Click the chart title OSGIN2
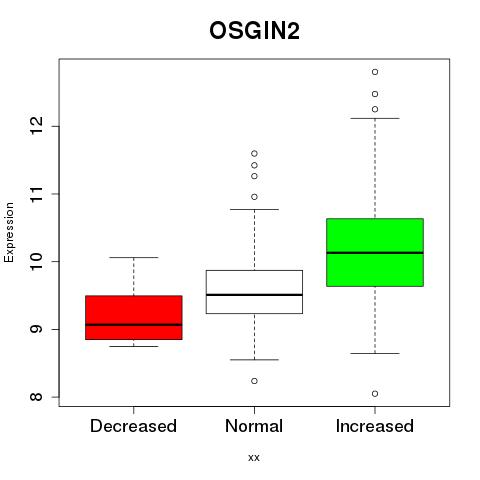[254, 31]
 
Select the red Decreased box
[134, 317]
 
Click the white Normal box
[254, 292]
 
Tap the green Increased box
[375, 252]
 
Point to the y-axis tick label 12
[37, 126]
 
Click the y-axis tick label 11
[37, 194]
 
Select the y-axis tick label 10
[37, 261]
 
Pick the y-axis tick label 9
[37, 329]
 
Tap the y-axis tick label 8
[37, 397]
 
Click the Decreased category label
[133, 426]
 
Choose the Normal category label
[254, 426]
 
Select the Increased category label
[375, 426]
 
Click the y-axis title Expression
[9, 232]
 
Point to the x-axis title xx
[254, 458]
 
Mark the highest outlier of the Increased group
[375, 72]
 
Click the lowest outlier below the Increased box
[375, 394]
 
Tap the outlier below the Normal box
[254, 381]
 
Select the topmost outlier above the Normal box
[254, 154]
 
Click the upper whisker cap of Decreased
[134, 257]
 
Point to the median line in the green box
[375, 253]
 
